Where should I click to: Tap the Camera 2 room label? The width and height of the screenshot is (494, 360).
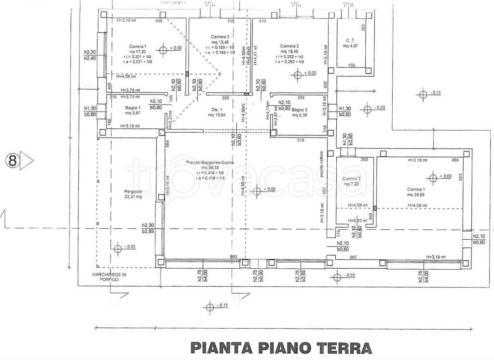pyautogui.click(x=220, y=37)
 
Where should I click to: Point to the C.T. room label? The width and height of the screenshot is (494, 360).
pyautogui.click(x=350, y=41)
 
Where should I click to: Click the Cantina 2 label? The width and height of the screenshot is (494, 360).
pyautogui.click(x=352, y=179)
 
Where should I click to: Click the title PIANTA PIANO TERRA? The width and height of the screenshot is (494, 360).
pyautogui.click(x=282, y=347)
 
